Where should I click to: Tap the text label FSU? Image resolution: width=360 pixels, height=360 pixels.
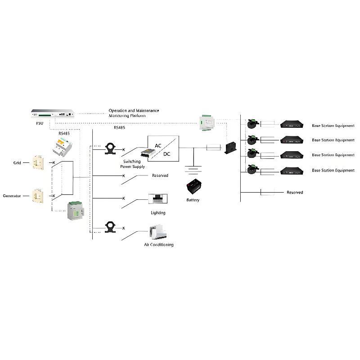coord(40,123)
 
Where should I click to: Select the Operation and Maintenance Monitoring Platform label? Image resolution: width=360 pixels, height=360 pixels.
coord(134,113)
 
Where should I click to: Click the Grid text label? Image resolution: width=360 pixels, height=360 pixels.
coord(17,162)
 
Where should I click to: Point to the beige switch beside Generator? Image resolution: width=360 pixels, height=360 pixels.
coord(36,195)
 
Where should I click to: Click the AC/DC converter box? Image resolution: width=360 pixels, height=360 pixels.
coord(163,148)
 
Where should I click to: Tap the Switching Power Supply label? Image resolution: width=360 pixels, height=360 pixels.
coord(132,164)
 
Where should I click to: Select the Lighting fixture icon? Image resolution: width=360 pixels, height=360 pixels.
coord(158,198)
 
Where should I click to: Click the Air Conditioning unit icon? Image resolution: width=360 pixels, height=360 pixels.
coord(158,232)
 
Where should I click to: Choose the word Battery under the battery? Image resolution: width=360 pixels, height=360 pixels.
coord(193,200)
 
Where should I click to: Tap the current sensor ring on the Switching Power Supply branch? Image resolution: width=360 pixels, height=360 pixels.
coord(110,148)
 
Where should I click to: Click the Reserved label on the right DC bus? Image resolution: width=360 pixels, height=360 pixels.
coord(295,193)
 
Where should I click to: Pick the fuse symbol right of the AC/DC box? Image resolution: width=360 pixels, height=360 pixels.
coord(213,147)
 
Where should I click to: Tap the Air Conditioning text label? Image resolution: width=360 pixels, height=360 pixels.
coord(158,245)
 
